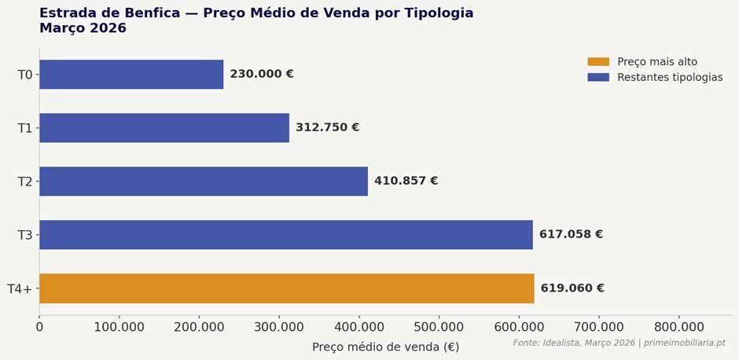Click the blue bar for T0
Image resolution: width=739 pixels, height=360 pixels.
click(131, 75)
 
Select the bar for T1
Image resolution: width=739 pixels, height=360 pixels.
click(164, 128)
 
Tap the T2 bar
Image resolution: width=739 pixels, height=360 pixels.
click(204, 182)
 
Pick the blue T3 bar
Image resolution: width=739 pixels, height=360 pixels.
click(286, 235)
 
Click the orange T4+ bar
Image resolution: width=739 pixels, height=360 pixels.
click(287, 288)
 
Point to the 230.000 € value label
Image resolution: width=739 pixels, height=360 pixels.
click(262, 75)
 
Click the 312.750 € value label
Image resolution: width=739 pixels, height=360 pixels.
click(328, 128)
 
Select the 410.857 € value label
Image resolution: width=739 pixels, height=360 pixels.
click(406, 182)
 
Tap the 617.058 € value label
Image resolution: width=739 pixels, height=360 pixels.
click(571, 235)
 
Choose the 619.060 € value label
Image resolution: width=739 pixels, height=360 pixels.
click(572, 288)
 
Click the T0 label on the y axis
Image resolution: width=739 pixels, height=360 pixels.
click(25, 75)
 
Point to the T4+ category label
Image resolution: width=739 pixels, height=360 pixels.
click(20, 288)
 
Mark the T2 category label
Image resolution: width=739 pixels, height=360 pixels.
click(25, 182)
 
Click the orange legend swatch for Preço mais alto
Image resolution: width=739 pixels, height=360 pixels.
click(598, 62)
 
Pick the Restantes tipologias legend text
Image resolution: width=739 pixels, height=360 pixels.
click(670, 78)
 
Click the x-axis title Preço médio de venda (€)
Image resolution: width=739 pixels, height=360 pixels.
click(385, 347)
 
